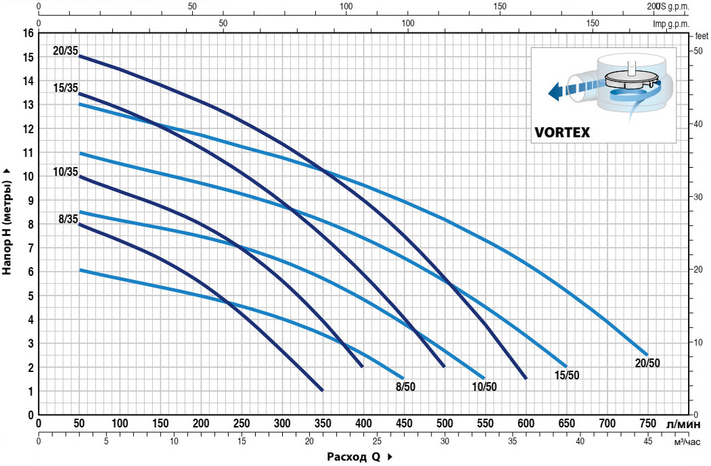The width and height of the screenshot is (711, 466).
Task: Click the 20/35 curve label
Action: tap(64, 51)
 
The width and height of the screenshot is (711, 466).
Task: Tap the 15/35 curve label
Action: tap(64, 87)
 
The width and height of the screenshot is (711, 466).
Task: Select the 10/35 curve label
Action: tap(64, 172)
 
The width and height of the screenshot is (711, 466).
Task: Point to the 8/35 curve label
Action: tap(68, 218)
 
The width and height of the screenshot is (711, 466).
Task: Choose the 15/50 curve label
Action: tap(566, 375)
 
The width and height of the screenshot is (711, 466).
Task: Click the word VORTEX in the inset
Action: tap(562, 132)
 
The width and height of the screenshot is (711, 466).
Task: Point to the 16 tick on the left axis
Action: tap(28, 33)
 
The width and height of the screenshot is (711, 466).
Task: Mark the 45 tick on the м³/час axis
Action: tap(647, 442)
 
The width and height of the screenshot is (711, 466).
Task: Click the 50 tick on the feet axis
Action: tap(696, 51)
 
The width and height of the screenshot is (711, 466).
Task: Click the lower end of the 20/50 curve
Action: tap(647, 354)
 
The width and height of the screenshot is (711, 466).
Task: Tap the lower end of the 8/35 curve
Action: tap(322, 390)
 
